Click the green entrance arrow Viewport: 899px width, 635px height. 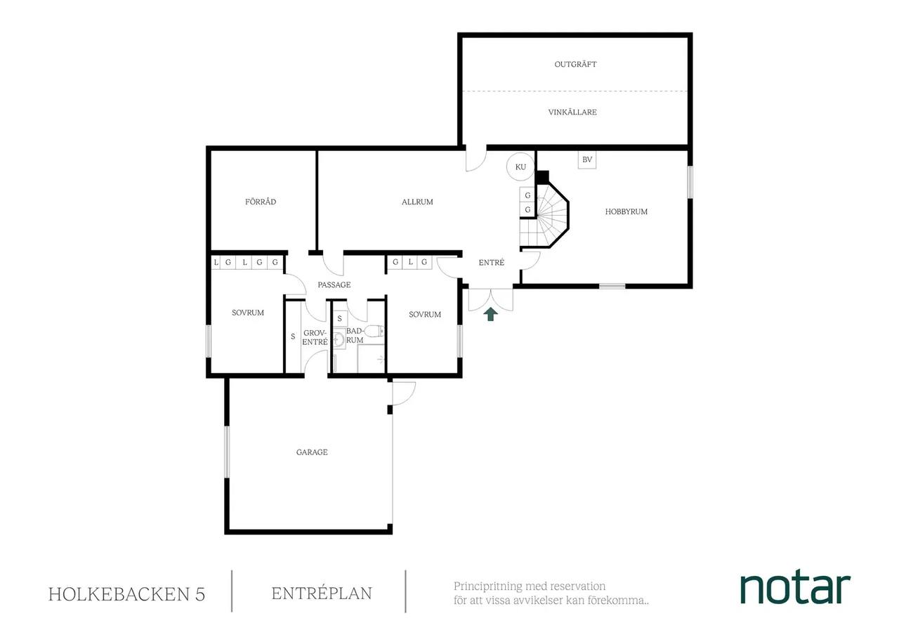pyautogui.click(x=490, y=314)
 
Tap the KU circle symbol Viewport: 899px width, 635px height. pyautogui.click(x=520, y=166)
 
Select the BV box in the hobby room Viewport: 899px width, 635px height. pyautogui.click(x=586, y=159)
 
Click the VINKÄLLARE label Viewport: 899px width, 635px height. pyautogui.click(x=572, y=112)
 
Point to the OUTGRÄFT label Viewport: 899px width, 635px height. pyautogui.click(x=575, y=64)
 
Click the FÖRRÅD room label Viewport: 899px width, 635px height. pyautogui.click(x=261, y=202)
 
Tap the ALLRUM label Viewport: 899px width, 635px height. pyautogui.click(x=417, y=202)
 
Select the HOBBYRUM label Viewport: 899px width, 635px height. pyautogui.click(x=626, y=211)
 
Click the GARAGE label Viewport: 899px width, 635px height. pyautogui.click(x=312, y=452)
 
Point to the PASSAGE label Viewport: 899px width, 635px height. pyautogui.click(x=334, y=284)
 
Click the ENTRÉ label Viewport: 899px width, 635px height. pyautogui.click(x=491, y=263)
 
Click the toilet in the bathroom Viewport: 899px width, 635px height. pyautogui.click(x=374, y=331)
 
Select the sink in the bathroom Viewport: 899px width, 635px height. pyautogui.click(x=339, y=339)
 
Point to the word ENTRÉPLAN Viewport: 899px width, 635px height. pyautogui.click(x=322, y=594)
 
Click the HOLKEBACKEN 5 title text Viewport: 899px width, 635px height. pyautogui.click(x=127, y=594)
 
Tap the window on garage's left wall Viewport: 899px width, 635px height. pyautogui.click(x=227, y=452)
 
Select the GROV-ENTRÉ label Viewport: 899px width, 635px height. pyautogui.click(x=315, y=338)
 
